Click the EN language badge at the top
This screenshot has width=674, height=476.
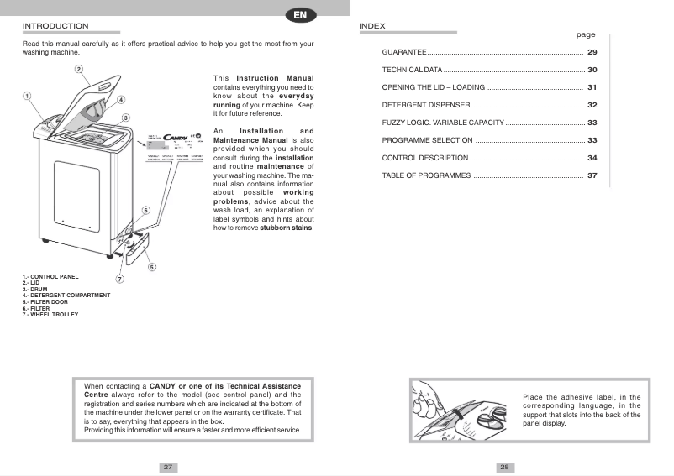coord(300,14)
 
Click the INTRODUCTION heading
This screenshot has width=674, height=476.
coord(55,26)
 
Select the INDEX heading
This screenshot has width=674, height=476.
coord(371,26)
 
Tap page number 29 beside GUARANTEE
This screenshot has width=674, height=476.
coord(592,53)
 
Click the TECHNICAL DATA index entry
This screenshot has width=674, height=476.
coord(412,70)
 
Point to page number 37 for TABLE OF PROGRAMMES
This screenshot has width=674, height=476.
coord(592,175)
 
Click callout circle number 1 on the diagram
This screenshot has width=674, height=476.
coord(27,96)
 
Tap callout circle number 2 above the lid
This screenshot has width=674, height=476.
coord(78,69)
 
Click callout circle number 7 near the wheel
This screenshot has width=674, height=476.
coord(119,279)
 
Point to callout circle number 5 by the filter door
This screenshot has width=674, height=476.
coord(151,267)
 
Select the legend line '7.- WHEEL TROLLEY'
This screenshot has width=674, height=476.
coord(50,315)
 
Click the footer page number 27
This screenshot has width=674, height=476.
coord(168,467)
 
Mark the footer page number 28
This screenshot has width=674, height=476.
coord(505,467)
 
